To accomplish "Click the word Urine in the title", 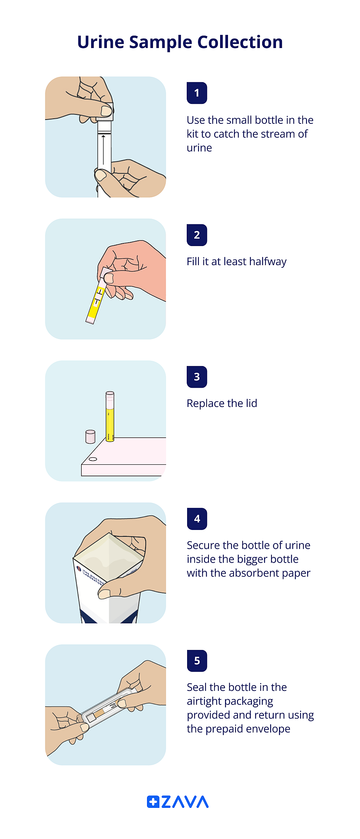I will point(100,42).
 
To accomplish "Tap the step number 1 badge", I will point(197,93).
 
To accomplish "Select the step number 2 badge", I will point(197,235).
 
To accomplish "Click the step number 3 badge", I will point(197,377).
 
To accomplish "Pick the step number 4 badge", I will point(197,519).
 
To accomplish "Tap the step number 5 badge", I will point(197,661).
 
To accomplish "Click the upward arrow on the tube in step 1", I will point(103,150).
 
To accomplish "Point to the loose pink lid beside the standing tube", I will point(90,437).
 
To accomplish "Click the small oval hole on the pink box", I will point(93,459).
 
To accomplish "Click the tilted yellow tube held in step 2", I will point(96,302).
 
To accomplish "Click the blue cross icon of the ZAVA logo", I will point(153,802).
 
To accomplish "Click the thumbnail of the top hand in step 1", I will point(106,111).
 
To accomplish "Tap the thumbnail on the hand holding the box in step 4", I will point(104,594).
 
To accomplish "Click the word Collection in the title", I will point(240,42).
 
